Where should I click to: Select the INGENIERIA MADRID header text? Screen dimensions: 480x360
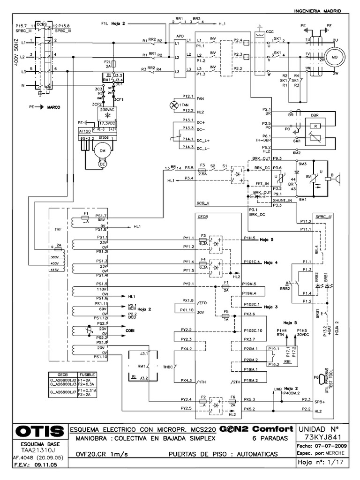pyautogui.click(x=316, y=11)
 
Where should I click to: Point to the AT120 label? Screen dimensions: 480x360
pyautogui.click(x=85, y=132)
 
